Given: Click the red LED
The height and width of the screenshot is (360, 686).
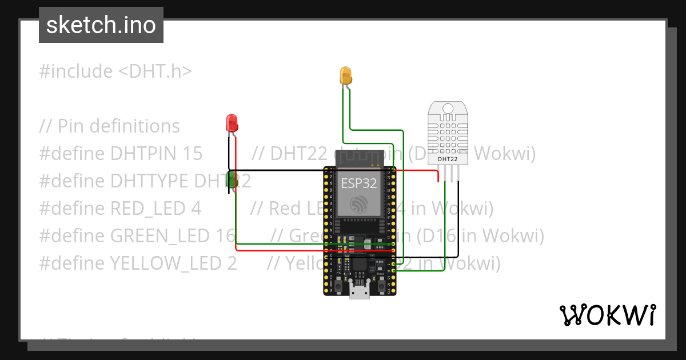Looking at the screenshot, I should point(232,122).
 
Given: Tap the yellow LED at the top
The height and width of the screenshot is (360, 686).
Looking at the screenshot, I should point(345,75).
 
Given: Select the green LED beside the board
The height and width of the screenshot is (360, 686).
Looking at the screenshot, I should point(232,179).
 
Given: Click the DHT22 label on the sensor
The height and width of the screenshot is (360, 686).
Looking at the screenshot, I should point(447,159).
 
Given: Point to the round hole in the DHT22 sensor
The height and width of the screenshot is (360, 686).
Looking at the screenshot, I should point(447,108).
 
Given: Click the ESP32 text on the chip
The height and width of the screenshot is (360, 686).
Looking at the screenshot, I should point(359,183).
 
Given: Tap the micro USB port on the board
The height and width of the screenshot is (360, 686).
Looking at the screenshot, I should point(360,291).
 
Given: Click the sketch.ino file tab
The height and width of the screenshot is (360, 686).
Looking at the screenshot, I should point(101,25).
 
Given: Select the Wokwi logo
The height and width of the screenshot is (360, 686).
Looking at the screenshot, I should point(607,315).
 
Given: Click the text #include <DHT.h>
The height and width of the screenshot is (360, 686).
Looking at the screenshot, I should point(115,71).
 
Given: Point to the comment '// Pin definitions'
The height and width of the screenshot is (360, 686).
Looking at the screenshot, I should point(110,126).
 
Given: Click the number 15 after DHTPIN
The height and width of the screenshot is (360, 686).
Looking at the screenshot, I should point(192,154).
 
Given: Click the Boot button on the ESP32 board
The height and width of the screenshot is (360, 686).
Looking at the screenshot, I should point(381,282).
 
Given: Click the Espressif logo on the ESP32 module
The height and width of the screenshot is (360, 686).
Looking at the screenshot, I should point(359,203).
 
